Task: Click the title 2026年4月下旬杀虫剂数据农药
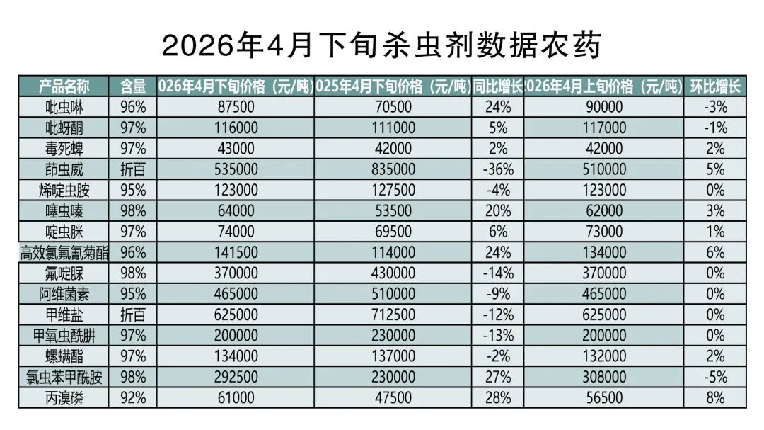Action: [381, 45]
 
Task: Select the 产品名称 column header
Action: [64, 86]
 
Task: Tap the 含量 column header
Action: [132, 86]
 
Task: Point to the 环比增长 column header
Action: [715, 86]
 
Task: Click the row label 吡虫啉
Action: [64, 107]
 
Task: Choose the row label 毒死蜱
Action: [64, 149]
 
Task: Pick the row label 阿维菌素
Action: [64, 293]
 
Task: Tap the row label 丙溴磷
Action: [64, 397]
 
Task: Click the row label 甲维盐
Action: [64, 315]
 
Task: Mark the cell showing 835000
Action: [393, 169]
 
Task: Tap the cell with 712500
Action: [393, 315]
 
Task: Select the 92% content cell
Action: [132, 397]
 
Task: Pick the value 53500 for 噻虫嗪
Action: [393, 211]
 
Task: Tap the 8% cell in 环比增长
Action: [715, 397]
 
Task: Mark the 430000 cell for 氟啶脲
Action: [393, 273]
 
